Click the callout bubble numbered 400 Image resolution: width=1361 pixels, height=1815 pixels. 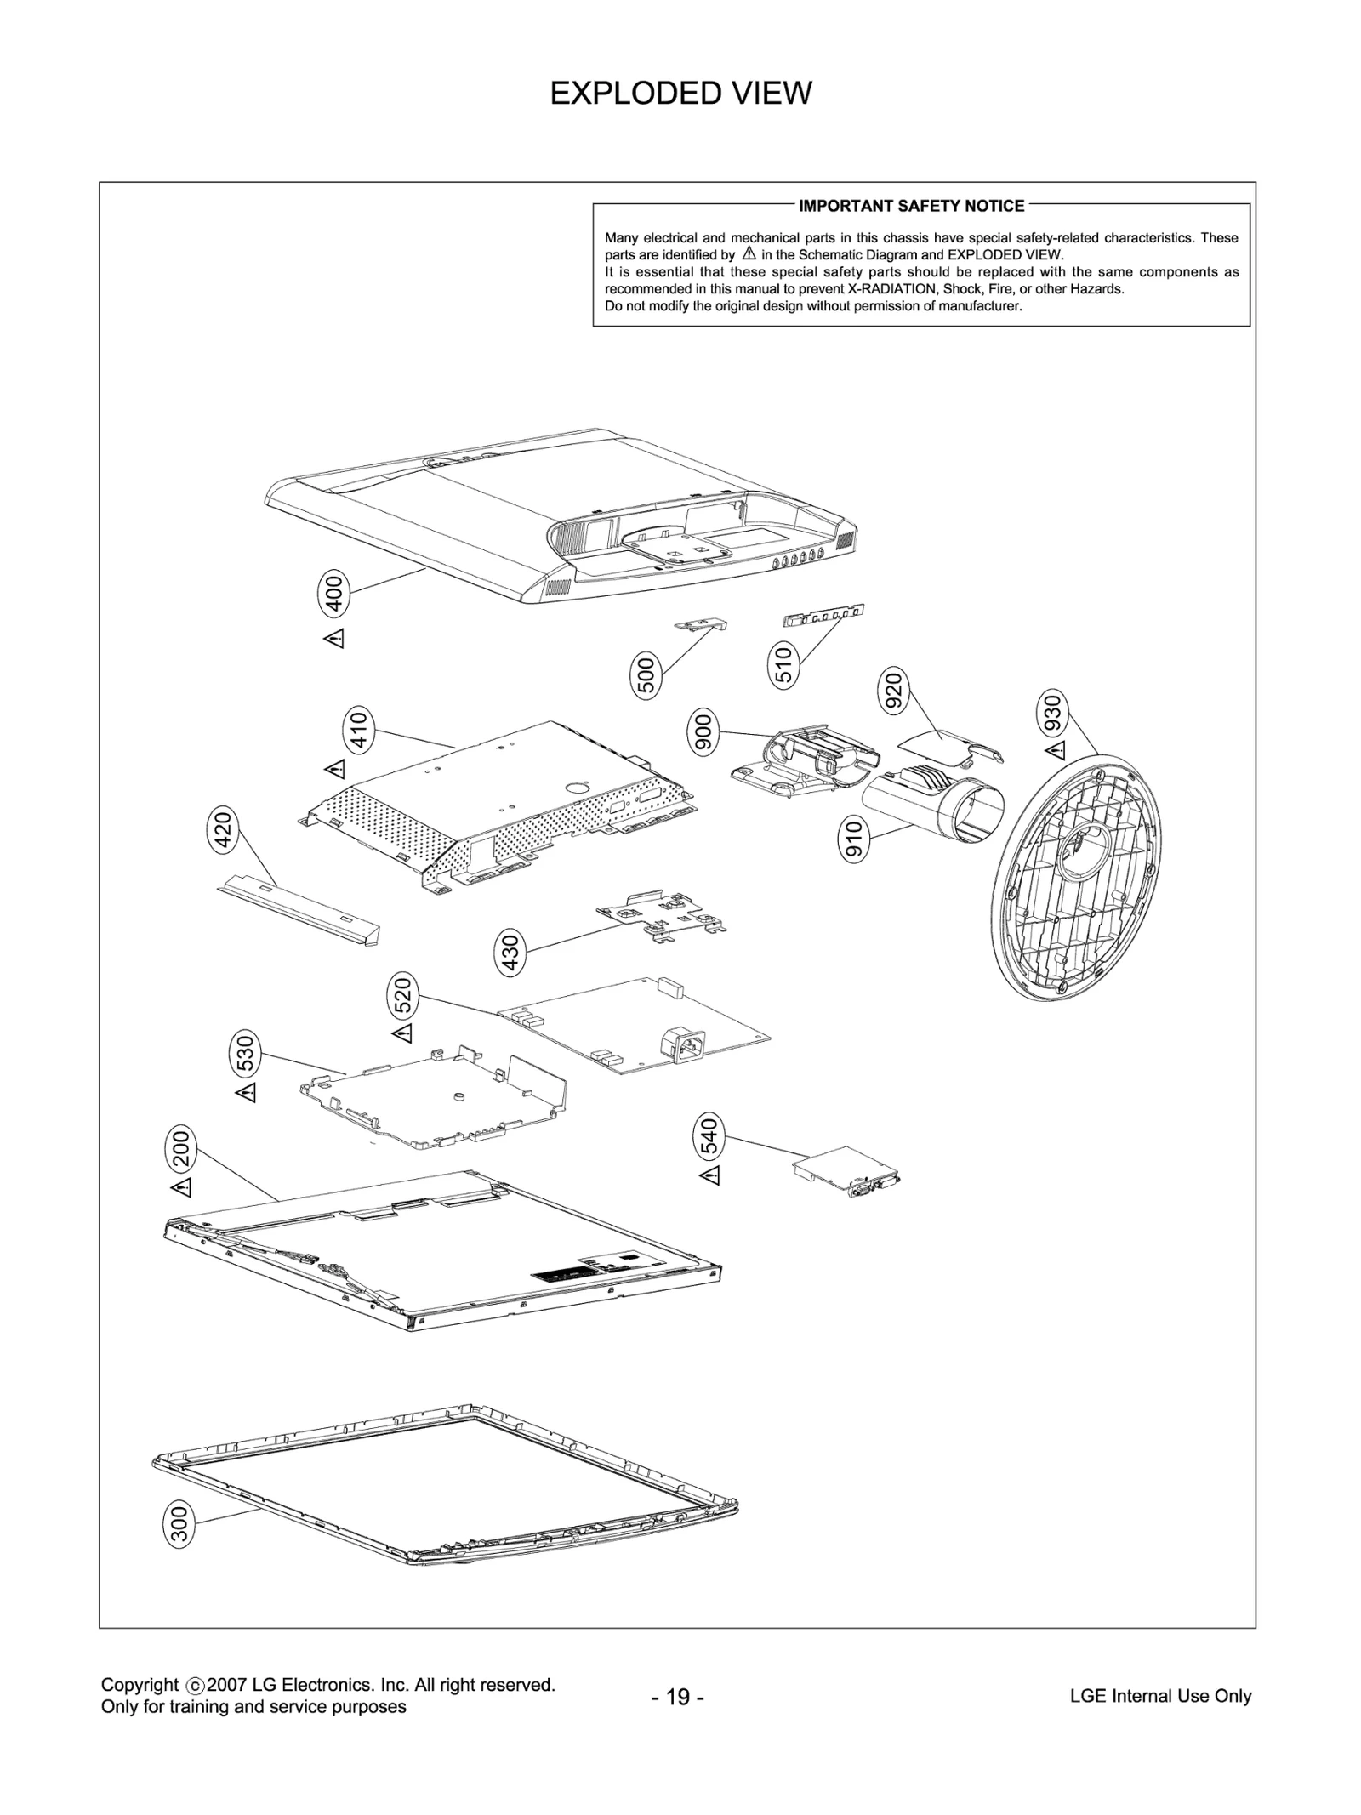pos(334,594)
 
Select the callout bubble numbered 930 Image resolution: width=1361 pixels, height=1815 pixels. pos(1052,714)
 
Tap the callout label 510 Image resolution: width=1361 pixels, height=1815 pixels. pos(784,665)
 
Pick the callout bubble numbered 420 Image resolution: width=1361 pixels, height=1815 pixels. pos(223,830)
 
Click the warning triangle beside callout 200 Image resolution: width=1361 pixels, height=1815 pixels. pos(181,1186)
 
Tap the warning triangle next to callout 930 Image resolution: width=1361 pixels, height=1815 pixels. pos(1055,749)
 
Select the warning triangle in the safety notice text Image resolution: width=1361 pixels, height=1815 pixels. pos(749,253)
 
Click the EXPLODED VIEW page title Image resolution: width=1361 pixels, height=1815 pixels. pos(680,93)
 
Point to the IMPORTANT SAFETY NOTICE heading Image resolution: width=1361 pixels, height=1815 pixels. pos(911,206)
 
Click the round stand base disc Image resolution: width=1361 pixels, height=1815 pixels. pos(1076,876)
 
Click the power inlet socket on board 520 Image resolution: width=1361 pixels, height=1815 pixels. pos(686,1044)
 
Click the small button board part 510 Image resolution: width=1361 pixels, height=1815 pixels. pos(823,613)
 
